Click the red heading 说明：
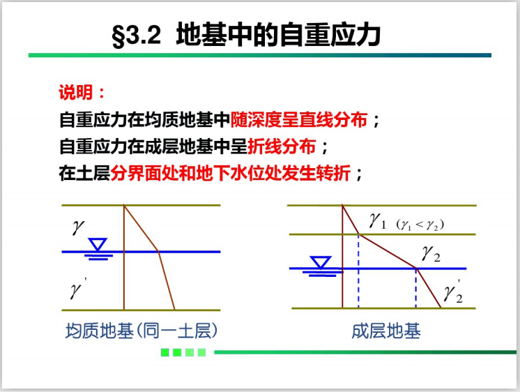(82, 92)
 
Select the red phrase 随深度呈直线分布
(299, 119)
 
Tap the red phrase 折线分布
(282, 146)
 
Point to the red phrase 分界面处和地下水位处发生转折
(231, 173)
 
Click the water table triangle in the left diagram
(98, 244)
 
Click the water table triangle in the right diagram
(321, 262)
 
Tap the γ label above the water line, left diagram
(79, 227)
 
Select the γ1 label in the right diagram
(377, 220)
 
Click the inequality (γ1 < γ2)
(420, 225)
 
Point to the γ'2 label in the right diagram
(454, 292)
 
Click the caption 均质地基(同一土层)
(142, 331)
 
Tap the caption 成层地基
(386, 331)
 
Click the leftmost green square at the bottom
(165, 352)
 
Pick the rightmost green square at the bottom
(201, 352)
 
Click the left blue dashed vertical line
(358, 271)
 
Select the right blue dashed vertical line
(416, 288)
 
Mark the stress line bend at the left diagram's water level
(158, 252)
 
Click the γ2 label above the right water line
(431, 254)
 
